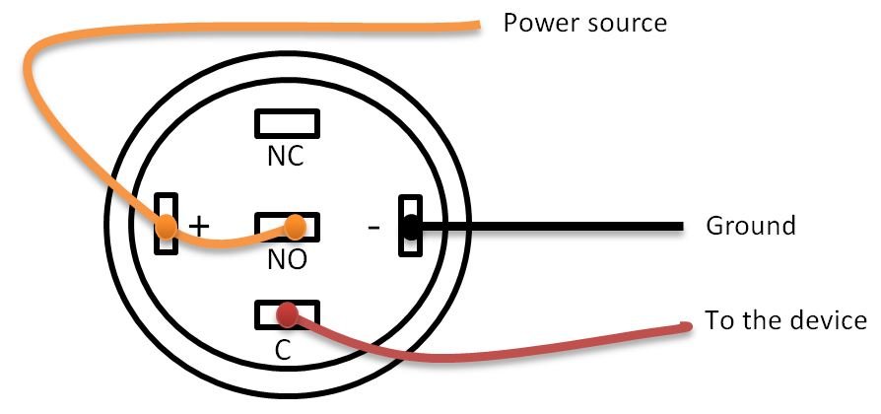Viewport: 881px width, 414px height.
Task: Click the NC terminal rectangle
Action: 287,122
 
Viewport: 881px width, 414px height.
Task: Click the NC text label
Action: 286,158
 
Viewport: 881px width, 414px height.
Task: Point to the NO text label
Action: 287,261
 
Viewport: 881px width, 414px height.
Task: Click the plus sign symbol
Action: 200,225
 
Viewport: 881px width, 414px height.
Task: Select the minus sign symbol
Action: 372,227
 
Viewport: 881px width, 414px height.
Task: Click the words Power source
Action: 585,22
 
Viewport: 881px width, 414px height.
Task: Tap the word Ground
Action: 750,226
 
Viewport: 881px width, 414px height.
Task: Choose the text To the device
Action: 785,320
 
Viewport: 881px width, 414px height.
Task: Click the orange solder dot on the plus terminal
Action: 167,228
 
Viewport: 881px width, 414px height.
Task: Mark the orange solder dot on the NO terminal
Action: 295,230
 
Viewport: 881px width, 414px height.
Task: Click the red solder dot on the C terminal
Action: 287,314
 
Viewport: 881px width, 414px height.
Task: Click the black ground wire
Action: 552,228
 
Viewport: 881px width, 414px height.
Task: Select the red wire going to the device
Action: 493,350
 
